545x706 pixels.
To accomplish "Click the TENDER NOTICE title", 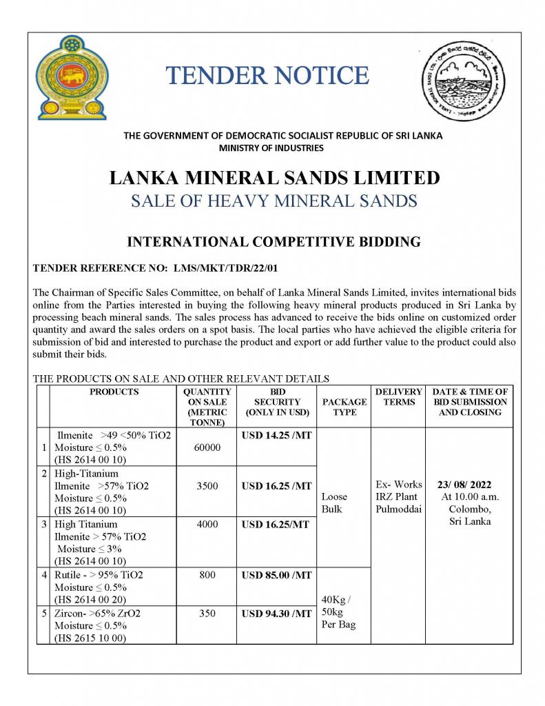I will click(x=267, y=75).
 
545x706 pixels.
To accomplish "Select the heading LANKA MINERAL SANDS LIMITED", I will click(x=274, y=178).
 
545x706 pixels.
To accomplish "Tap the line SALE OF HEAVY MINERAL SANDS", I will click(x=274, y=201).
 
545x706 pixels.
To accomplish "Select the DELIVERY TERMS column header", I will click(x=398, y=397).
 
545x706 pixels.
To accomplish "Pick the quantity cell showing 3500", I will click(x=207, y=486).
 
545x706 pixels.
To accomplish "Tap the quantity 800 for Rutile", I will click(x=207, y=574).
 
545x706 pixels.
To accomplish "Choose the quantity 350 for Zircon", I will click(x=207, y=613).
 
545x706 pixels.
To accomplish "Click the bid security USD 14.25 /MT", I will click(x=276, y=436).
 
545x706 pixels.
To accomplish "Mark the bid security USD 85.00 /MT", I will click(x=276, y=574).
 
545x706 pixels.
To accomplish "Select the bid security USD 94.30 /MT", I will click(x=276, y=613).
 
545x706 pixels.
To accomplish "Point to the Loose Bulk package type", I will click(x=334, y=503).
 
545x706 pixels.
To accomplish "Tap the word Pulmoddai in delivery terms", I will click(x=398, y=509).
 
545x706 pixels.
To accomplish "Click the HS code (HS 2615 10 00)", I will click(x=90, y=638).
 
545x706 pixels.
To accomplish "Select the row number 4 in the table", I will click(x=44, y=574).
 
